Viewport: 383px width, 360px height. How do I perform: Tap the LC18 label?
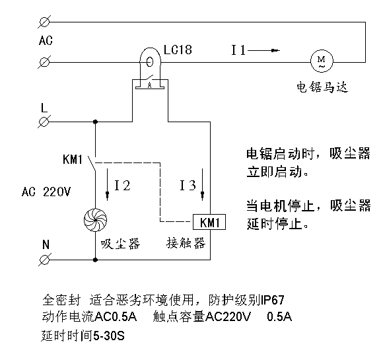click(178, 50)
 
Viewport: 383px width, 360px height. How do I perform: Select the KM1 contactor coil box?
click(209, 222)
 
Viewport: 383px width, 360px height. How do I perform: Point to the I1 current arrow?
click(263, 51)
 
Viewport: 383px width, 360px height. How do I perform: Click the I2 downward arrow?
click(107, 184)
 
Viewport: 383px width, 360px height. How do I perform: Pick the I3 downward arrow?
click(202, 184)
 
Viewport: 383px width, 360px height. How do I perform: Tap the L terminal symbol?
click(44, 122)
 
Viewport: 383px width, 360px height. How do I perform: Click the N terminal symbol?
click(45, 260)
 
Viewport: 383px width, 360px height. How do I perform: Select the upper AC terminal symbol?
click(44, 22)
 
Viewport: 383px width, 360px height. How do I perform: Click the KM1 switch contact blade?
click(92, 164)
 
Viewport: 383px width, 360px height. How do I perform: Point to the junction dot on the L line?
click(96, 122)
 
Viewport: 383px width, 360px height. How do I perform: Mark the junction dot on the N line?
click(96, 260)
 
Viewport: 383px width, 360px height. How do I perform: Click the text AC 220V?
click(46, 192)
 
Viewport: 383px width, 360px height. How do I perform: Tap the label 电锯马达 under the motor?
click(322, 87)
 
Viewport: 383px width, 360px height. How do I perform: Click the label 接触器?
click(186, 243)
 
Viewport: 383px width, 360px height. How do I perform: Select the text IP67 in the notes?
click(273, 300)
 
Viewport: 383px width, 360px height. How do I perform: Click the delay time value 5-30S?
click(109, 336)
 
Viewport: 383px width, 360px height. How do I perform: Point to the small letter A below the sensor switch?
click(150, 85)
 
